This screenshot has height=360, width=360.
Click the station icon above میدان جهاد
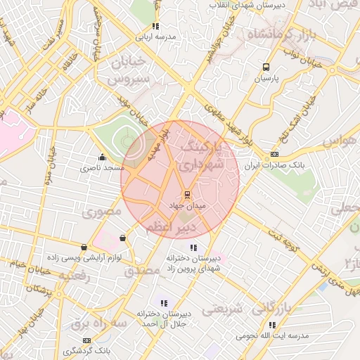[x=187, y=195]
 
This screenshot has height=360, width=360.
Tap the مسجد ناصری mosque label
[x=103, y=168]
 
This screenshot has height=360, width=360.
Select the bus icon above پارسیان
[x=265, y=67]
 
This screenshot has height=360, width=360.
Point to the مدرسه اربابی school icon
[x=155, y=26]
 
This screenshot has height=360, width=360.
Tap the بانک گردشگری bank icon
[x=86, y=340]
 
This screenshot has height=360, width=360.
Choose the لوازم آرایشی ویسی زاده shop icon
[x=85, y=247]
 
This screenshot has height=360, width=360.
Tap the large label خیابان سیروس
[x=129, y=71]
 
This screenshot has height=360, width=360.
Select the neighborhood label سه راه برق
[x=98, y=324]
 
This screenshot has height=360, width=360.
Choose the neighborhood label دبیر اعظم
[x=166, y=229]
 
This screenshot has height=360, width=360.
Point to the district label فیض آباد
[x=335, y=6]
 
